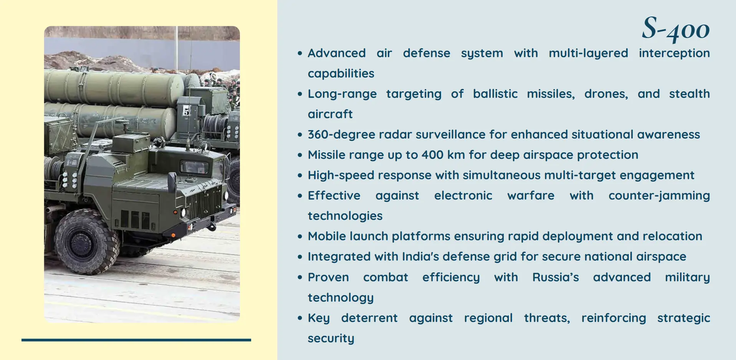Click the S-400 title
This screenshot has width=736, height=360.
pyautogui.click(x=676, y=29)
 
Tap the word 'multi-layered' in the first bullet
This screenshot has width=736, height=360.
pyautogui.click(x=588, y=53)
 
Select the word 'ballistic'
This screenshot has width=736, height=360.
pyautogui.click(x=495, y=94)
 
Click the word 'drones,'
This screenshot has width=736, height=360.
pyautogui.click(x=606, y=94)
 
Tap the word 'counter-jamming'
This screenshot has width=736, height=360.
pyautogui.click(x=659, y=196)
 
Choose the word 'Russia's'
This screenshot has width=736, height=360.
pyautogui.click(x=556, y=277)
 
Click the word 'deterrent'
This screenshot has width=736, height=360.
pyautogui.click(x=369, y=318)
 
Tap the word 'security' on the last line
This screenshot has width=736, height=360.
pyautogui.click(x=331, y=339)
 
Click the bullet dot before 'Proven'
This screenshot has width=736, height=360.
pyautogui.click(x=300, y=277)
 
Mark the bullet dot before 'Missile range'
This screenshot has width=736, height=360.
pyautogui.click(x=300, y=155)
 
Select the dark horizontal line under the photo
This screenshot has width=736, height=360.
pyautogui.click(x=136, y=340)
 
